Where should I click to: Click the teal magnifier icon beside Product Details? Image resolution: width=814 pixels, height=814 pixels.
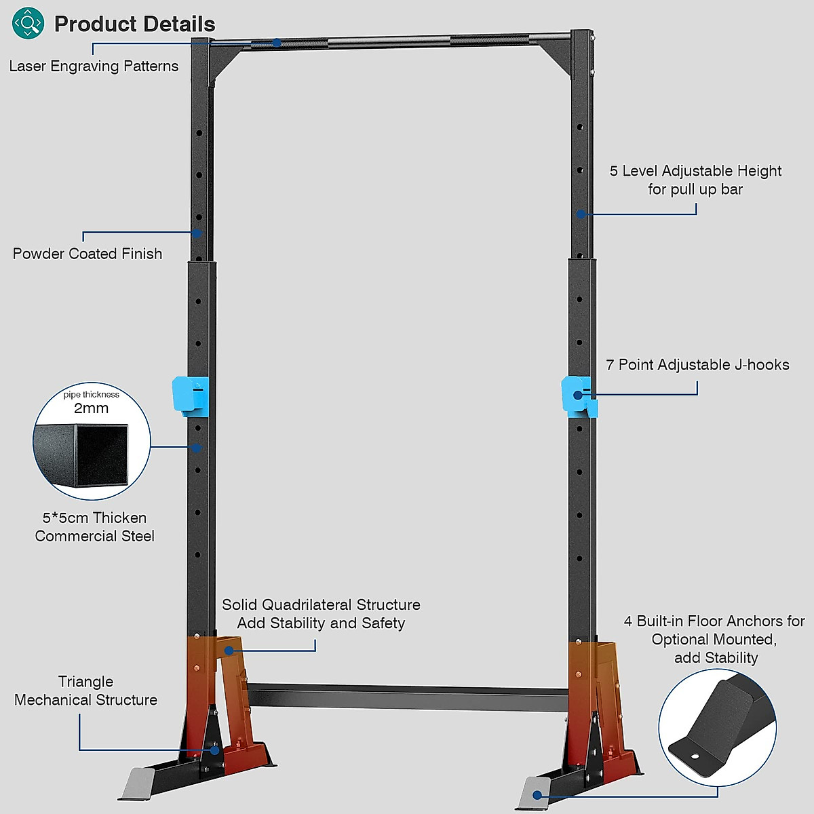[28, 23]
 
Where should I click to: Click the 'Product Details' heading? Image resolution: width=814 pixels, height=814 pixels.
[134, 24]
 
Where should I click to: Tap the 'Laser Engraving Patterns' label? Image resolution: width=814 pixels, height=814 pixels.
[94, 66]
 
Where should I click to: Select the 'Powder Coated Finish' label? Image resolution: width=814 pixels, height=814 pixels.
[88, 254]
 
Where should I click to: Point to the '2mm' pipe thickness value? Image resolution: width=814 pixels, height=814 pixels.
[91, 408]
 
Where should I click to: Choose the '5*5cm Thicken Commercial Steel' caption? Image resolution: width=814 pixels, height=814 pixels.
[94, 527]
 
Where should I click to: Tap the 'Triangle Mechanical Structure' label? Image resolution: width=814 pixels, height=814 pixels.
[85, 691]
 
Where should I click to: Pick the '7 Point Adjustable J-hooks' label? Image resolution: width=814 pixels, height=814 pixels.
[697, 365]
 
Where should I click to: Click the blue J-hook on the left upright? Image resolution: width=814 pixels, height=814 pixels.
[189, 396]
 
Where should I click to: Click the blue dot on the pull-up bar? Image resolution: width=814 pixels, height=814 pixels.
[277, 43]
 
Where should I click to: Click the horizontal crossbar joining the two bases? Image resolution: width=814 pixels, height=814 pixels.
[407, 697]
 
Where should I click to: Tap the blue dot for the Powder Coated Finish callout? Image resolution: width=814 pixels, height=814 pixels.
[196, 233]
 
